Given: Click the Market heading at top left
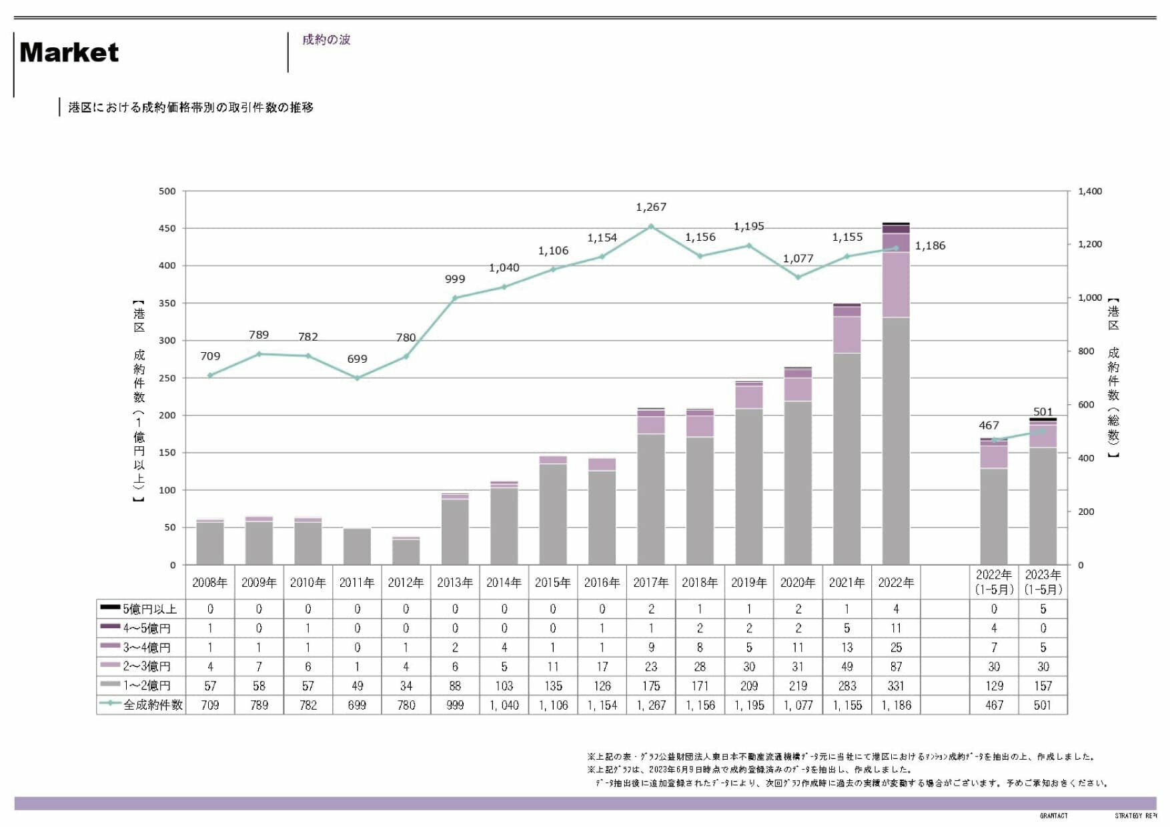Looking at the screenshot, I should pos(69,53).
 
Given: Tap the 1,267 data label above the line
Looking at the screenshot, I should pos(651,207).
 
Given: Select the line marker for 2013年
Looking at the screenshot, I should pos(455,298).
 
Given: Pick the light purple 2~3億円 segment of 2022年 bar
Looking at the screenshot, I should pos(896,285).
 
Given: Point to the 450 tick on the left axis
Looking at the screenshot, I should pos(167,229).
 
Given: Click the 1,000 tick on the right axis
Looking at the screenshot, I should pos(1090,298).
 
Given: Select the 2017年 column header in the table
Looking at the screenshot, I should pos(651,583).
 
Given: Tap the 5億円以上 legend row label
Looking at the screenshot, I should pos(149,609).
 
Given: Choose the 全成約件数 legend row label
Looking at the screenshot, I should pos(153,705).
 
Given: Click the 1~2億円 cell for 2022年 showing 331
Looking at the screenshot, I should pos(896,686).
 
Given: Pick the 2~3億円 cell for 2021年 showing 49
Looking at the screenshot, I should pos(846,666).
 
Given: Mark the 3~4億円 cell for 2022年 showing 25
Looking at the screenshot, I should pos(896,648).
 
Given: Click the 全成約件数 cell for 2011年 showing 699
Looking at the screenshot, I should pos(357,705).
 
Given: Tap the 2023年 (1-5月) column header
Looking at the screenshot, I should pos(1043,582).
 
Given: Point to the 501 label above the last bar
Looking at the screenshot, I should pos(1043,412).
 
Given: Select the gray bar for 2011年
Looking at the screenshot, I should pos(357,546).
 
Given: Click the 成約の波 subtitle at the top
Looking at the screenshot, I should pos(326,40).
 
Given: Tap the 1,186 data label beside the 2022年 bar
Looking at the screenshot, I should pos(930,246).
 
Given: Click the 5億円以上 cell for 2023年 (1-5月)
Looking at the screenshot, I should pos(1043,609).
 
